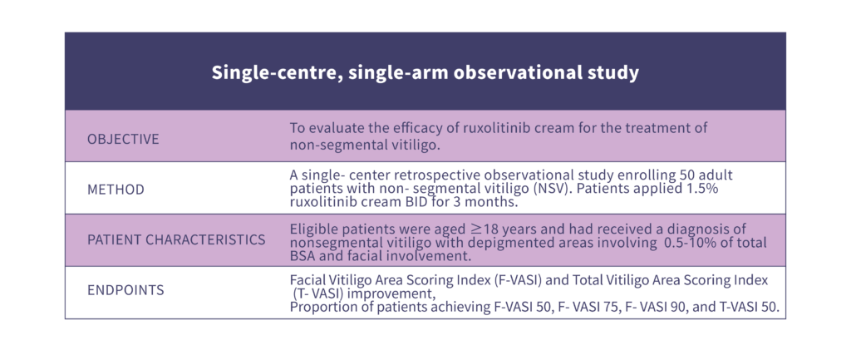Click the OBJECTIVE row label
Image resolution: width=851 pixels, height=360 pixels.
point(123,139)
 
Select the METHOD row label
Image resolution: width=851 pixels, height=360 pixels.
point(116,190)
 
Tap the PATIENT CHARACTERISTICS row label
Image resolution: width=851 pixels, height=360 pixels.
point(176,239)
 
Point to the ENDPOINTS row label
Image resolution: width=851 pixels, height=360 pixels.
point(125,290)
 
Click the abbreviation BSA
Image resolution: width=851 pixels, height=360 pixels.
point(302,256)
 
